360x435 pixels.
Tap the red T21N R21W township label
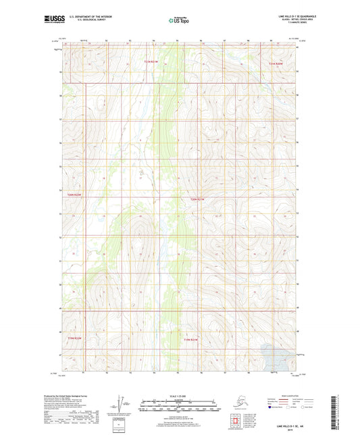(x=155, y=62)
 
